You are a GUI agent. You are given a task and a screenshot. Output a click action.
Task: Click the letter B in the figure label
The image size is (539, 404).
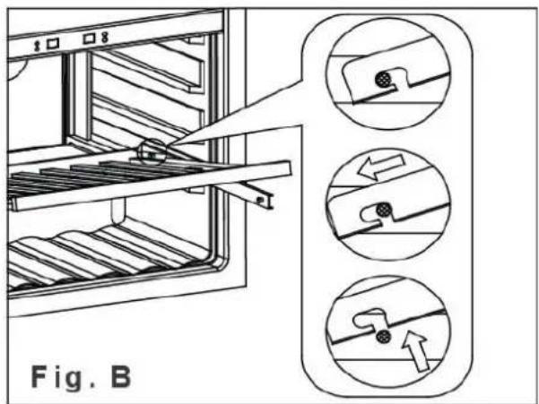121,377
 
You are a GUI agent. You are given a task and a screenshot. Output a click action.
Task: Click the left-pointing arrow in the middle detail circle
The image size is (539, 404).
381,167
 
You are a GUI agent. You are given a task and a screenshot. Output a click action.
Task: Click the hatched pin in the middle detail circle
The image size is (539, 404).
383,210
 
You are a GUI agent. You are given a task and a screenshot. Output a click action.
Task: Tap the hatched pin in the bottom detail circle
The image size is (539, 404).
383,337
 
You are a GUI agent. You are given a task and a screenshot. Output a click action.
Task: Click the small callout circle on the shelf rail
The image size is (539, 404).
152,153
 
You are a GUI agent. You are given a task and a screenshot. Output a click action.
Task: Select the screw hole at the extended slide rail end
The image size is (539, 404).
261,199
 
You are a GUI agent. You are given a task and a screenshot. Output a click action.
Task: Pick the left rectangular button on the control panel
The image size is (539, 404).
53,43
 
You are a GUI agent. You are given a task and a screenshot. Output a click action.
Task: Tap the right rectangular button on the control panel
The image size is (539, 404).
89,38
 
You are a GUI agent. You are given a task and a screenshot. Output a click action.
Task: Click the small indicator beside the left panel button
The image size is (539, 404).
38,47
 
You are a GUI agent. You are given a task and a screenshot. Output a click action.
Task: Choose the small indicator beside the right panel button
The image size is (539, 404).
105,37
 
